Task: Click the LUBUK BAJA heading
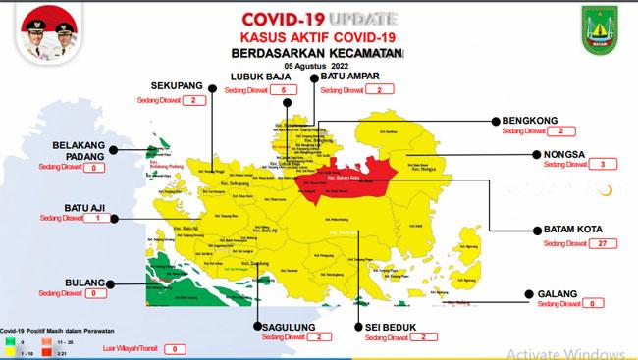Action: tap(257, 77)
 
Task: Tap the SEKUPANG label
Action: tap(176, 85)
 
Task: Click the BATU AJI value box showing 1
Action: tap(97, 219)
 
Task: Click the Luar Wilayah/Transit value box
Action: tap(174, 348)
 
